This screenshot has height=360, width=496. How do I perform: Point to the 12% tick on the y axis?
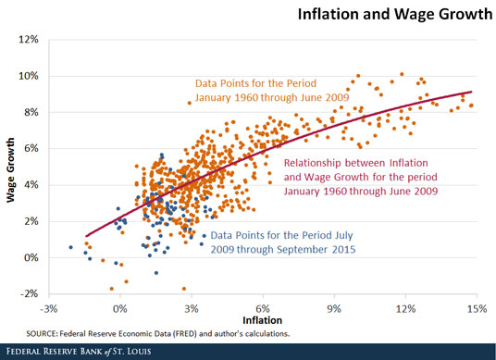coord(27,40)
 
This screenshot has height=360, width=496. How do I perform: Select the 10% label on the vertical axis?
coord(27,76)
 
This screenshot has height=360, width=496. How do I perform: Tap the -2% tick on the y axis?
coord(27,294)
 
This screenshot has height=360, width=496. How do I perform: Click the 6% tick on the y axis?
coord(29,148)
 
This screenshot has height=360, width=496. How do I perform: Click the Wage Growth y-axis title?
coord(10,166)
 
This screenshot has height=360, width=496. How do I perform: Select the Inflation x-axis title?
coord(261,320)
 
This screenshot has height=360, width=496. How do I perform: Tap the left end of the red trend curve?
coord(84,237)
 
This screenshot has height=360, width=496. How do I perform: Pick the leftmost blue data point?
coord(71,247)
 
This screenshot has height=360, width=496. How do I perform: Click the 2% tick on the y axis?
coord(29,221)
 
